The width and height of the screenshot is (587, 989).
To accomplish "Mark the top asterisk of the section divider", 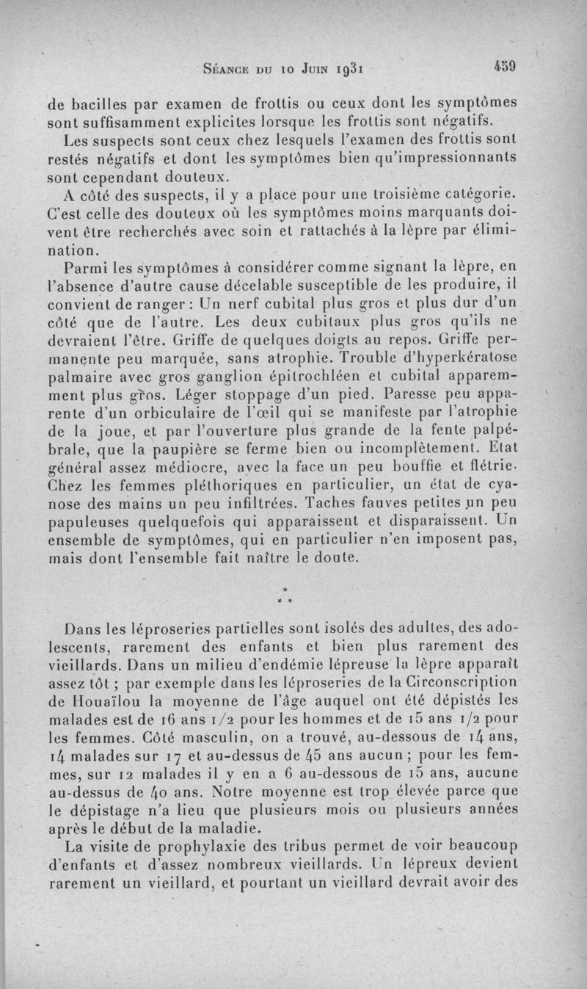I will pos(283,589).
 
